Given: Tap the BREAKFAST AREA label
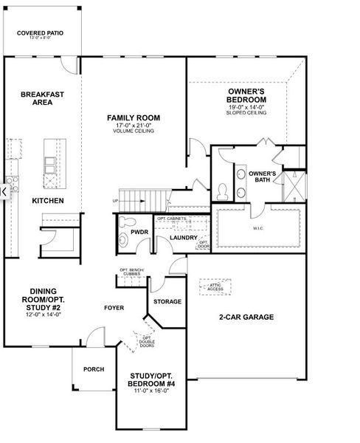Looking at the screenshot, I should (42, 98).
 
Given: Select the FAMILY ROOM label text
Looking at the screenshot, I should (133, 118).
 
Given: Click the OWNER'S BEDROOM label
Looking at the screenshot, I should (247, 95).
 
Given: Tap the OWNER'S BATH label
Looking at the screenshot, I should (263, 177).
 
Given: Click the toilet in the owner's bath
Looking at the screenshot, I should (223, 190).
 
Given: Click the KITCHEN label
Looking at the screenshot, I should (47, 201).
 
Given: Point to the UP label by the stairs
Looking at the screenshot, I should (115, 201).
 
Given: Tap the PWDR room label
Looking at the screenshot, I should (139, 232).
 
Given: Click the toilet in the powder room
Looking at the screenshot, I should (125, 221).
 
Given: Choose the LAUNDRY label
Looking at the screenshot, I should (183, 238).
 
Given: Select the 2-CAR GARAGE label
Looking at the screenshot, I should (246, 317).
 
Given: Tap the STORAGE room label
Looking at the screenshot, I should (167, 302).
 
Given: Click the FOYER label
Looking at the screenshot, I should (114, 307).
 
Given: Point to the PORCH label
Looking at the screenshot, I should (94, 369).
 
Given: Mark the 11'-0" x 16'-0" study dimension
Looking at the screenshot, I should (152, 390).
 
